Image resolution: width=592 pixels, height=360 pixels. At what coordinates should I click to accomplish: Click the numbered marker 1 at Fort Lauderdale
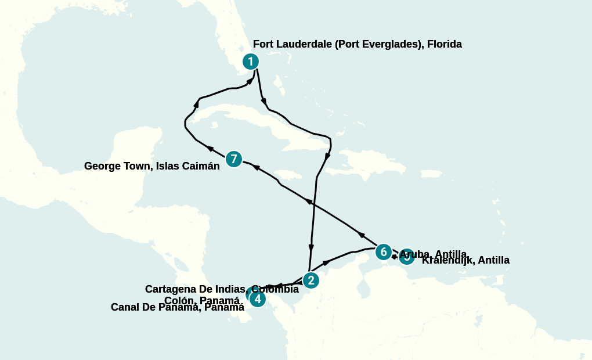(x=250, y=62)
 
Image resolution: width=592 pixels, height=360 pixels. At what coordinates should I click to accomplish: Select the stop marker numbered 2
(x=311, y=280)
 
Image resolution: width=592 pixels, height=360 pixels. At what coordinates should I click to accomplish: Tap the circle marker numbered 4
(x=257, y=299)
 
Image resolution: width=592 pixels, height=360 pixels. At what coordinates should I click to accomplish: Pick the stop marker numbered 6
(x=383, y=252)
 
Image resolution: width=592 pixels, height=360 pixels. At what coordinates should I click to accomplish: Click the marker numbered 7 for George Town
(x=233, y=159)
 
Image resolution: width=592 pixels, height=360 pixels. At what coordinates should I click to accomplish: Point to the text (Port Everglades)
(x=379, y=44)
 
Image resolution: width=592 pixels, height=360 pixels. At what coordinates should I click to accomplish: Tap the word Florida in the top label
(x=444, y=44)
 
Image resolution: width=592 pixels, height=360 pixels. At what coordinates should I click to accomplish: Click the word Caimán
(x=202, y=166)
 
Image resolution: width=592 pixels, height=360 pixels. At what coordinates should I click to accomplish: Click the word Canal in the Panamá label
(x=126, y=307)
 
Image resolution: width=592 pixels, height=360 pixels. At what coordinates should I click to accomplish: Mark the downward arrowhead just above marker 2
(x=311, y=247)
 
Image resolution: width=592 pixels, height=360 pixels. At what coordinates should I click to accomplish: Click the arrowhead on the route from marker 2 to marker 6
(x=326, y=263)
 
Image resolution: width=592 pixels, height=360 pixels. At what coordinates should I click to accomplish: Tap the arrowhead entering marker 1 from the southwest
(x=250, y=82)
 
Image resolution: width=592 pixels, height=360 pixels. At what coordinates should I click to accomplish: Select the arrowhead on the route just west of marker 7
(x=210, y=149)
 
